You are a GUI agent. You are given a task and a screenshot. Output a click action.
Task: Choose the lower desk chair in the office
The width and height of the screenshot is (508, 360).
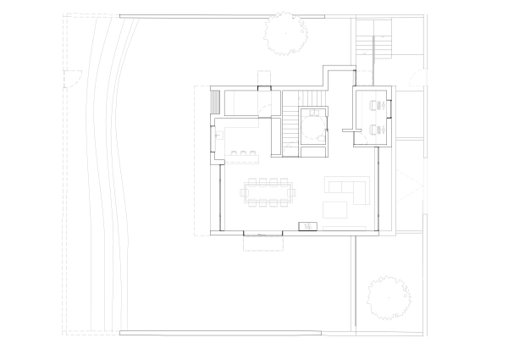[375, 130]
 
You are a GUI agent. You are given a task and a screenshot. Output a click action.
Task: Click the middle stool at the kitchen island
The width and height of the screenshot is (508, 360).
[242, 153]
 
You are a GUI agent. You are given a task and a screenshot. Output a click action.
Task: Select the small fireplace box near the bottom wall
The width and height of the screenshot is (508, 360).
[307, 226]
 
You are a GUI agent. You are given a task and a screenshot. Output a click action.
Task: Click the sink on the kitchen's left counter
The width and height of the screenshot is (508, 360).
[217, 131]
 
